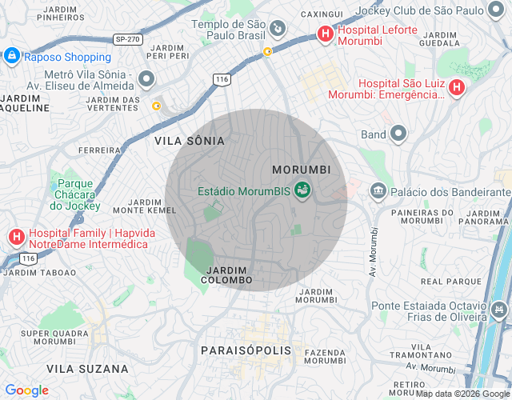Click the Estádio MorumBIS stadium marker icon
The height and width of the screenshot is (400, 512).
[302, 190]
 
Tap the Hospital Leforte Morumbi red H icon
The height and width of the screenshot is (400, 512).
[325, 34]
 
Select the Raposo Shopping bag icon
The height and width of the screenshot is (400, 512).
[11, 56]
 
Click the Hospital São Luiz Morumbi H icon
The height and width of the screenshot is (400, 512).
[457, 88]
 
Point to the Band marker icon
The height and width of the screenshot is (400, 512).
[398, 134]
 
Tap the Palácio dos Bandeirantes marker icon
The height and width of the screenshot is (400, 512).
[378, 191]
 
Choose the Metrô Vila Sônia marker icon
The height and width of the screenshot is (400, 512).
[146, 78]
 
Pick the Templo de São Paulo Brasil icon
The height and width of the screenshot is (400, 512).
[276, 29]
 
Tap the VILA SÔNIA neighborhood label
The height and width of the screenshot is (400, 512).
[190, 141]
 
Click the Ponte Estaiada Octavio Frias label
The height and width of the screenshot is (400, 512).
[428, 310]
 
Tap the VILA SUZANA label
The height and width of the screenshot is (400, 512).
[87, 369]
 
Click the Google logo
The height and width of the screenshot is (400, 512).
[26, 390]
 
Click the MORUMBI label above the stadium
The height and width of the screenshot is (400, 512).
[301, 170]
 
